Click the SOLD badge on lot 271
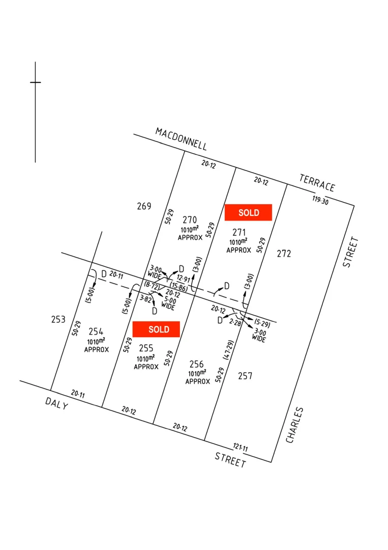click(x=248, y=212)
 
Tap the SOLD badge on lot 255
click(x=156, y=329)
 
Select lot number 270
click(x=190, y=220)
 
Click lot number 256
click(x=196, y=364)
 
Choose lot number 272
click(x=284, y=253)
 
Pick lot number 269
click(x=144, y=206)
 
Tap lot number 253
click(x=58, y=319)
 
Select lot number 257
click(x=245, y=376)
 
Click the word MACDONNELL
click(x=182, y=139)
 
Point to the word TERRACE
click(x=317, y=183)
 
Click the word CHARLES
click(x=295, y=425)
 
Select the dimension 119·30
click(x=320, y=200)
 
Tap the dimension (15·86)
click(x=178, y=288)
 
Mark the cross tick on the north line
click(x=35, y=82)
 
